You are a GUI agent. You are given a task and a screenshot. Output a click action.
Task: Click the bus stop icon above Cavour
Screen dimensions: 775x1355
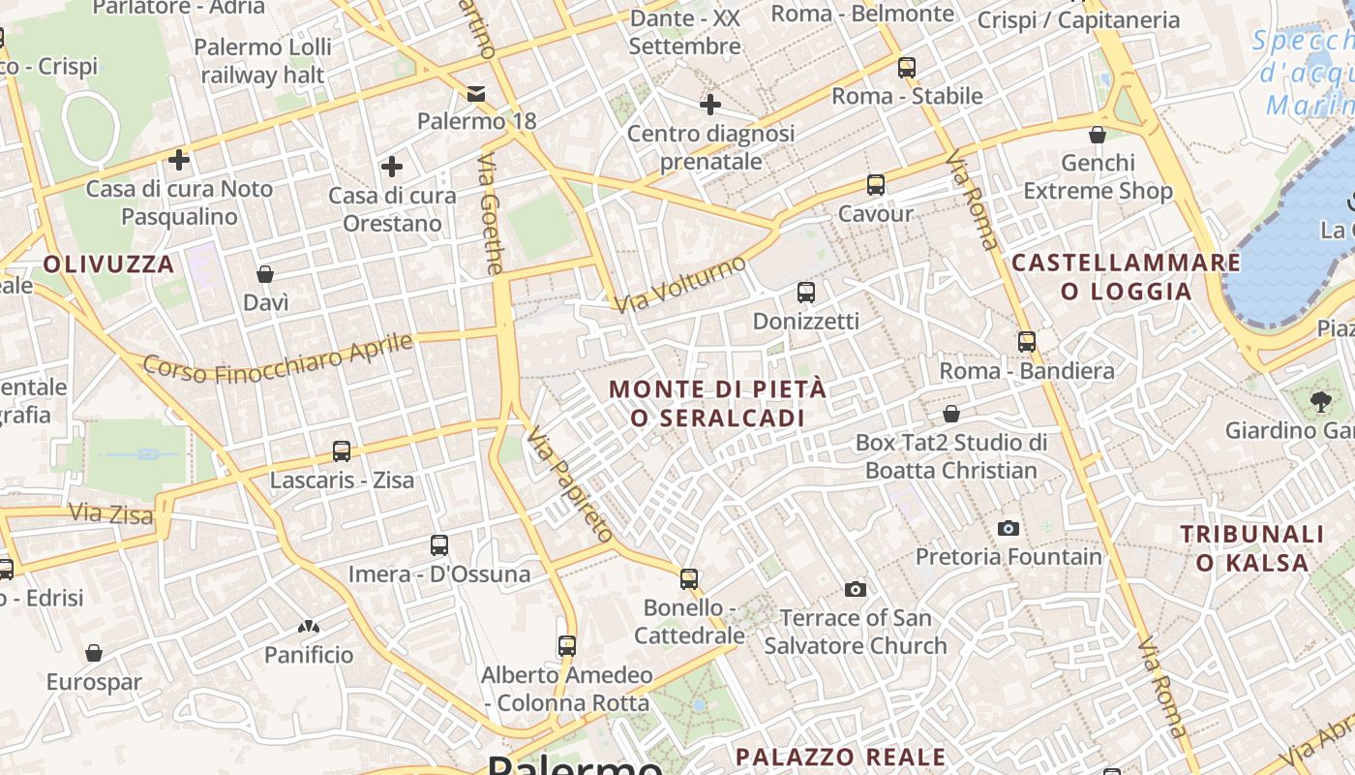(x=876, y=184)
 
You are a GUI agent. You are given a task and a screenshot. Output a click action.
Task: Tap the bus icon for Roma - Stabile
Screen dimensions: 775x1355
(x=907, y=67)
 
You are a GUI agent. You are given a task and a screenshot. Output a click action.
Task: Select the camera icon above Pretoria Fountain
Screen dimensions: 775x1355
(x=1009, y=528)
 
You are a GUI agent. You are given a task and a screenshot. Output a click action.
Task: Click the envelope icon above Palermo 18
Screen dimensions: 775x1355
(x=476, y=93)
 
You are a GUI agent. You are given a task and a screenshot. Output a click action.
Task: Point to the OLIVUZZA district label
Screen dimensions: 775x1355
(x=108, y=263)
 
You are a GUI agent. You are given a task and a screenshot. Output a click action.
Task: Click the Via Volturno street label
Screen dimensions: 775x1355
(x=681, y=284)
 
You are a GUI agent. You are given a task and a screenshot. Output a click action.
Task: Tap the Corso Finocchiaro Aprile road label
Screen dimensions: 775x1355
(x=279, y=357)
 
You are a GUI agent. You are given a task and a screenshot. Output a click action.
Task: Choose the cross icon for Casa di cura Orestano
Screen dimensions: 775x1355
(x=392, y=167)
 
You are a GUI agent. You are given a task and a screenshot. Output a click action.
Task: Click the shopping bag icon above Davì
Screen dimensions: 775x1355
(x=265, y=274)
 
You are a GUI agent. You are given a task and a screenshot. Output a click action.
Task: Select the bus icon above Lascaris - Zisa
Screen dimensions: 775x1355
(x=342, y=450)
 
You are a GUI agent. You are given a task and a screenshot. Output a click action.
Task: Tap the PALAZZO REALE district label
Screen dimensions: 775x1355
(x=840, y=757)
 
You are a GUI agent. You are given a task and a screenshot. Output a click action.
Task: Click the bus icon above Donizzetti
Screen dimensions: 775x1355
(x=806, y=292)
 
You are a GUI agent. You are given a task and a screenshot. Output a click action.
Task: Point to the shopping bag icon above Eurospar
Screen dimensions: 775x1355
(x=94, y=653)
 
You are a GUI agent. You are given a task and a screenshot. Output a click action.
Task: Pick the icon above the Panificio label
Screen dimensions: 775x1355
(x=309, y=628)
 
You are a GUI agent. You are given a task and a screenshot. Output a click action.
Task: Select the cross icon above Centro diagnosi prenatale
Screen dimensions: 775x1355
(x=710, y=104)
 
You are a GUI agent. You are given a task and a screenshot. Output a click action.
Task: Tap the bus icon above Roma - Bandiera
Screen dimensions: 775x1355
(x=1027, y=341)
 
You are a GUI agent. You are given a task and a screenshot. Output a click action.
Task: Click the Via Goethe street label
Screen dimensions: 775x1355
(x=492, y=214)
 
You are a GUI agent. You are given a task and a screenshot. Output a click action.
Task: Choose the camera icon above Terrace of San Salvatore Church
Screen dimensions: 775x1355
(x=856, y=589)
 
